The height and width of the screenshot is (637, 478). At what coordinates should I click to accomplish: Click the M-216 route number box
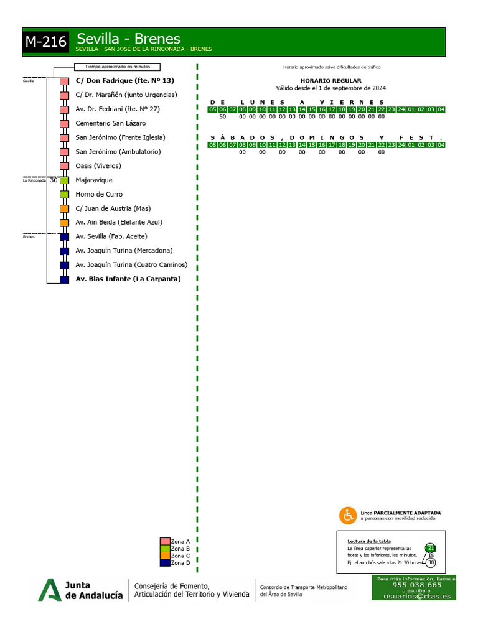46,43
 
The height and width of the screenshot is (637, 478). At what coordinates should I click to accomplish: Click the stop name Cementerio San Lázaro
111,123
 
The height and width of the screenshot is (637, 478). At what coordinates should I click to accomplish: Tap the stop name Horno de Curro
99,194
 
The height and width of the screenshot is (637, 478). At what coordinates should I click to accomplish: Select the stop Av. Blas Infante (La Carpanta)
128,279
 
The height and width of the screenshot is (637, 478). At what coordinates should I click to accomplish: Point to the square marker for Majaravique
64,180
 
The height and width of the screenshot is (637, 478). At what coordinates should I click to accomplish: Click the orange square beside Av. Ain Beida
64,223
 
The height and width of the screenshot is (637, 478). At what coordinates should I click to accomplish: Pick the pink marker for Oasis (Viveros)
64,166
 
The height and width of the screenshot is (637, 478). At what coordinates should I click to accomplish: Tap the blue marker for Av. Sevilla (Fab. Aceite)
64,237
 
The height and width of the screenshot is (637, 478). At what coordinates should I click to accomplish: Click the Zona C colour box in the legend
165,556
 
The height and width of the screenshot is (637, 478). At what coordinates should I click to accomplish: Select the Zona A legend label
180,542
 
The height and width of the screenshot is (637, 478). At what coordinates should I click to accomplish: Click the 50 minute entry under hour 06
222,116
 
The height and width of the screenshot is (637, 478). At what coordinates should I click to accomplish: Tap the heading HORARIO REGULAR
330,81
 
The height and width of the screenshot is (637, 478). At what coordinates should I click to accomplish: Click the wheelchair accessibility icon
347,515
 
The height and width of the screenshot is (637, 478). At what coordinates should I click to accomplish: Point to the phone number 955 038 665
416,585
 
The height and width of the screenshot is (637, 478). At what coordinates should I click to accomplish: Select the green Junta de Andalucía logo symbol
50,589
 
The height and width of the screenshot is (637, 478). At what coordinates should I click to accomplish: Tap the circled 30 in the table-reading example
431,562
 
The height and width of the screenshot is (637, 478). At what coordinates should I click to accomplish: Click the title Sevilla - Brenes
128,39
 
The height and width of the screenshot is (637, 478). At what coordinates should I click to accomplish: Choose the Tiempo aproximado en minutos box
117,67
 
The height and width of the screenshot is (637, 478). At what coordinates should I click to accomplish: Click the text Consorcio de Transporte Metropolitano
303,587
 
